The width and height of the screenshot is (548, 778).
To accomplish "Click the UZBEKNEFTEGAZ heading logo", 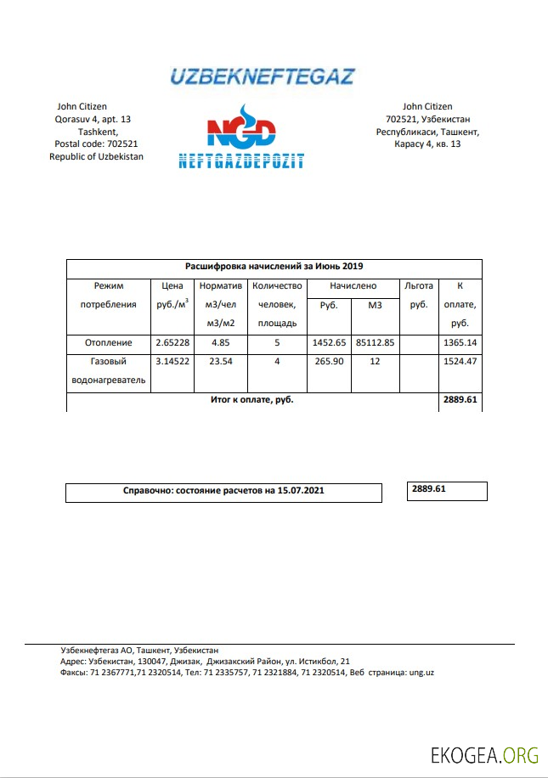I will coord(262,77).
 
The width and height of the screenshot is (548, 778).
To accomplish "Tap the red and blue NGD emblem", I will coord(240,130).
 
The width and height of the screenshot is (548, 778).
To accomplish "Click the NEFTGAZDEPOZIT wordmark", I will coord(241,161).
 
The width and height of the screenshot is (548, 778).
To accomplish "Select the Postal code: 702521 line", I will coord(96,144).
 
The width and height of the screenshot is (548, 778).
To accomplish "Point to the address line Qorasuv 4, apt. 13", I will coord(93,120).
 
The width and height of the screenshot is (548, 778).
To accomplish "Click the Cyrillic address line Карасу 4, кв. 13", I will coord(427,144).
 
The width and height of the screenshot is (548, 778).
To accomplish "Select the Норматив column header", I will coord(220,286).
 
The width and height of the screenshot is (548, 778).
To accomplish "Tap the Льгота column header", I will coord(419,286).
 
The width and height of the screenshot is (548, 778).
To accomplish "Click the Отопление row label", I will coord(108,342).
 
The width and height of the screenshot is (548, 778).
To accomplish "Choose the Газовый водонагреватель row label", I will coord(108,370).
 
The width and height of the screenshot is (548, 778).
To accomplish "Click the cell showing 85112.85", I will coord(376,342).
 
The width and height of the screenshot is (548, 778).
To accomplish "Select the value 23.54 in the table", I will coord(220,362).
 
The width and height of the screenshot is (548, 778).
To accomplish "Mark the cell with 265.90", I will coord(329,362).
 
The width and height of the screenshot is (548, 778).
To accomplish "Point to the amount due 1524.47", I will coord(460,362).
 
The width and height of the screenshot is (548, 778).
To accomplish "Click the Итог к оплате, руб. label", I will coord(252,399).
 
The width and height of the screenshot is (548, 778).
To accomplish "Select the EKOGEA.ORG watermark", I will coord(485,753).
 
